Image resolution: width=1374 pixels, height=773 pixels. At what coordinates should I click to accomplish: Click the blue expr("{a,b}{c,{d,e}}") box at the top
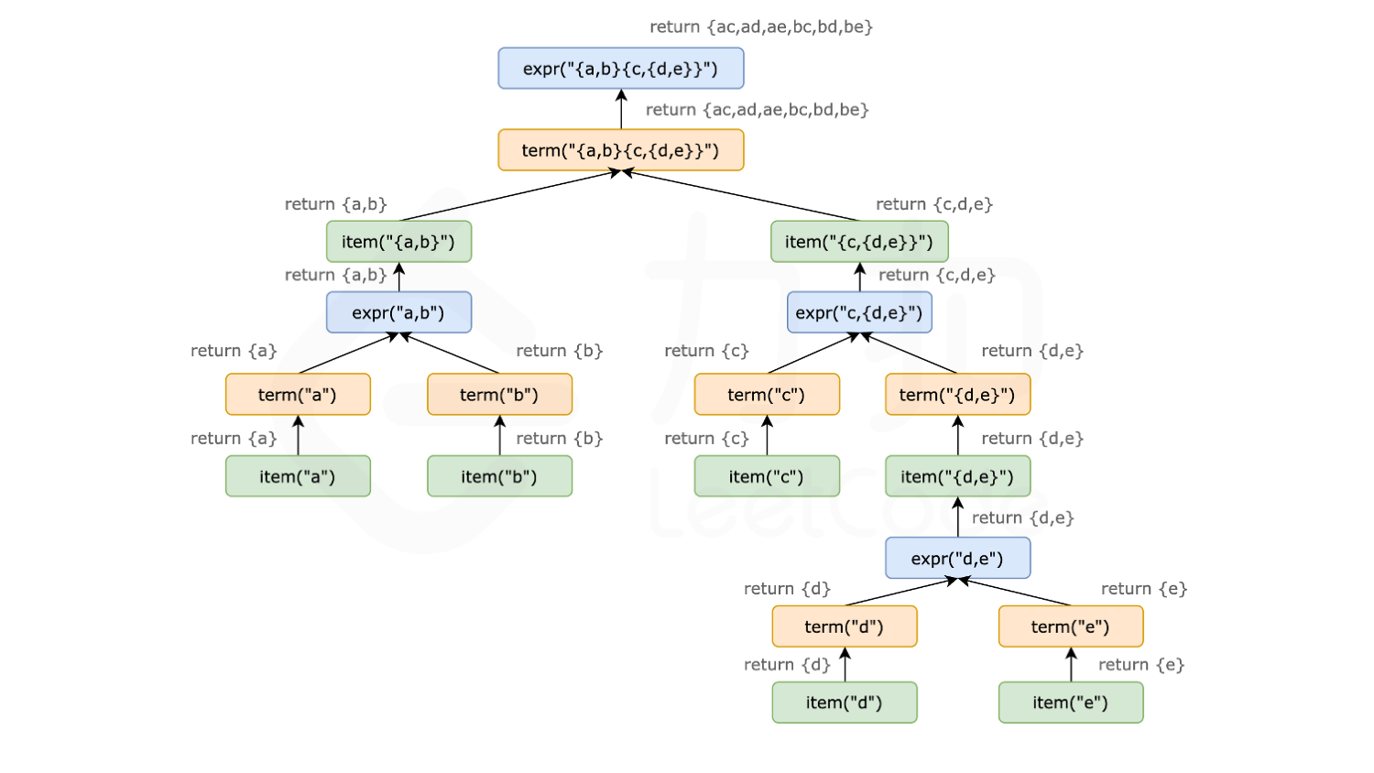tap(620, 69)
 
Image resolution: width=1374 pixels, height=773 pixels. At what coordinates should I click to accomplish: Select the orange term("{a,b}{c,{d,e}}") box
tap(620, 150)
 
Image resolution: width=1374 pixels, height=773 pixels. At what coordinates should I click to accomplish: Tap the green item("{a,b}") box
tap(398, 242)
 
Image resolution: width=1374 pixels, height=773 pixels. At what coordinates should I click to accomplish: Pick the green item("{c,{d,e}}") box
tap(858, 242)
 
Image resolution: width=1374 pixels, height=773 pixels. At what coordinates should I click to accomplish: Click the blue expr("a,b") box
tap(398, 313)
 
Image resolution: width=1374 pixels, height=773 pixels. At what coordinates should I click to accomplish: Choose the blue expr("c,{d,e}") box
tap(858, 313)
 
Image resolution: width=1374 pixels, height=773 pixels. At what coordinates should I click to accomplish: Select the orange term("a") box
tap(298, 395)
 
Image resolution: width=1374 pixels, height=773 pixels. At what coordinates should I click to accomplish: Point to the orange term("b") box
tap(499, 395)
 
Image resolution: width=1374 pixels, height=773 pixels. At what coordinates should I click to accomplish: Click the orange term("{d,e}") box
tap(957, 395)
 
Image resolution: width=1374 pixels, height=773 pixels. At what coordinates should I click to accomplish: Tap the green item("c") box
tap(767, 476)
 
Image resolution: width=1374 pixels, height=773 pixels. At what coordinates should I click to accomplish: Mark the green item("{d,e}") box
tap(957, 476)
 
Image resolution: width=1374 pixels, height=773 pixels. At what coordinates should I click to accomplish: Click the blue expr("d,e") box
tap(957, 559)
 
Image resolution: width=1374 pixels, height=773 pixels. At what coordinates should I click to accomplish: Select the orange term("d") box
tap(844, 627)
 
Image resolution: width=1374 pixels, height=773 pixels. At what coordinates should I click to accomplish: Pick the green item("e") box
tap(1070, 702)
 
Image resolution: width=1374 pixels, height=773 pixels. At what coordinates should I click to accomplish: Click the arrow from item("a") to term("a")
tap(298, 436)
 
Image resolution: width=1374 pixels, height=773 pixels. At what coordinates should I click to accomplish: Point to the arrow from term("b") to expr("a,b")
tap(451, 354)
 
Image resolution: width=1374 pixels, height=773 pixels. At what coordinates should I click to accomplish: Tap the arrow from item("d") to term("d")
tap(845, 665)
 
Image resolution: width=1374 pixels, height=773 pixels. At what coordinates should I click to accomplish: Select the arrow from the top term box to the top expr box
tap(621, 110)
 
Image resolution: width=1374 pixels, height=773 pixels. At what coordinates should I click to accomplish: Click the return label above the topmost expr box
tap(760, 27)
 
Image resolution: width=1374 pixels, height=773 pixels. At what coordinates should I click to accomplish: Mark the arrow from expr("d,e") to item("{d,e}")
tap(958, 517)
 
